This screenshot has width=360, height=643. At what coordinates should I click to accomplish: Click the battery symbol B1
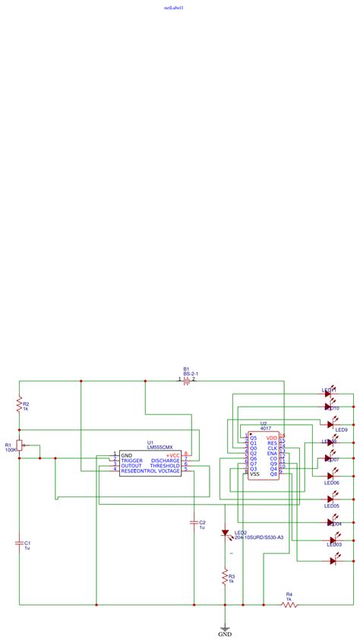(186, 379)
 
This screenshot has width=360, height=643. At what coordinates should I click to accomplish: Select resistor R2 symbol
(19, 407)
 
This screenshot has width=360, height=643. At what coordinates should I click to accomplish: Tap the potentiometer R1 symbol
(20, 447)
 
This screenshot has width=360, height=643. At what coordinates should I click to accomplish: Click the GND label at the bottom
(225, 633)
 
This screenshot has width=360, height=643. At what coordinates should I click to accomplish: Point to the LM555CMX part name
(159, 448)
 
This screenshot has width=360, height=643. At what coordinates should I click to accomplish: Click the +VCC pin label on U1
(173, 455)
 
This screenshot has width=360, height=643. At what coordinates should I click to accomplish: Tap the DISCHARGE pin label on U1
(166, 461)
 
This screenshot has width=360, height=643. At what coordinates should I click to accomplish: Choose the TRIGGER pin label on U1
(131, 461)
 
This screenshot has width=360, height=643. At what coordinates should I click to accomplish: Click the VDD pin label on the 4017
(271, 438)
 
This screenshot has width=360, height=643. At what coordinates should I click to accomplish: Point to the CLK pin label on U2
(272, 448)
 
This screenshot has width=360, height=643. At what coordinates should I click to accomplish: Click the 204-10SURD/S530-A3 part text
(258, 537)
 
